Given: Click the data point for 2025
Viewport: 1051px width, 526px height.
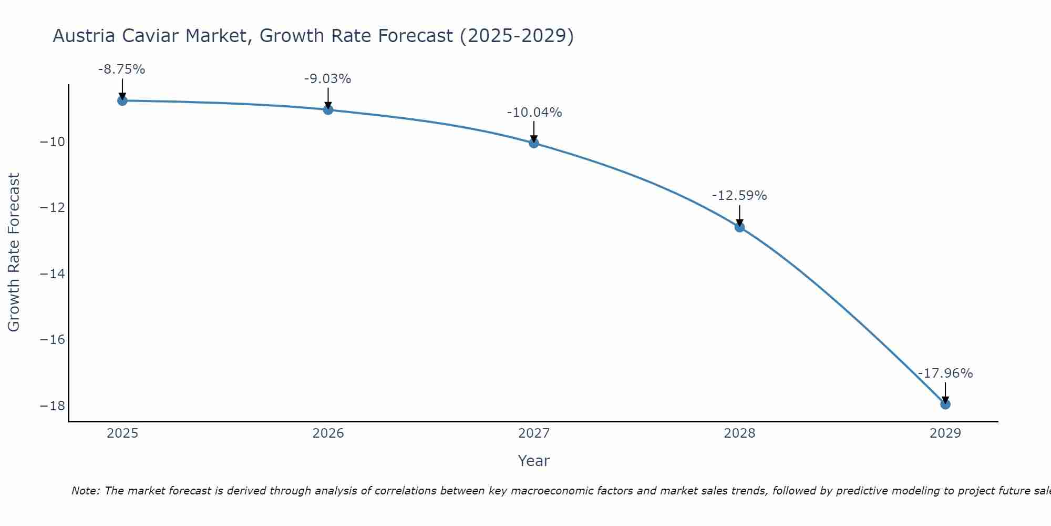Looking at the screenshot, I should (122, 100).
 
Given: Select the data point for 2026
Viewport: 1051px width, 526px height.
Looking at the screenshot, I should (328, 109).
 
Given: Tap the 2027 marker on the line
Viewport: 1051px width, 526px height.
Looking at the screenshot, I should (534, 143).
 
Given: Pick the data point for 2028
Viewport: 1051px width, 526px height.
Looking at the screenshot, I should (739, 227).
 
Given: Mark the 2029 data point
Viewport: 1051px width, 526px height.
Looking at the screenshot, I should (945, 404).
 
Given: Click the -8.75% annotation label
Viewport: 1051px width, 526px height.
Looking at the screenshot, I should (121, 69).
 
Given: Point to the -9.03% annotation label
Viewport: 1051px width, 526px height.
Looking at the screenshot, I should (327, 79).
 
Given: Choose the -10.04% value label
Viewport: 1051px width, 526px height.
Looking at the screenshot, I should (534, 113).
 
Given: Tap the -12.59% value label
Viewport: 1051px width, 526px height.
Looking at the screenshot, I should (739, 196).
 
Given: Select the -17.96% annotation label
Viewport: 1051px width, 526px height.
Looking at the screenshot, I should (945, 373).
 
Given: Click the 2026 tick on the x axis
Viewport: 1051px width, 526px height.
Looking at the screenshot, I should (328, 433).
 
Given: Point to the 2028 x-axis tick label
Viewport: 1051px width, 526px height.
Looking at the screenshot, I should (739, 433).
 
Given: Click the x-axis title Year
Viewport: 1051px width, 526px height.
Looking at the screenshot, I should (534, 461).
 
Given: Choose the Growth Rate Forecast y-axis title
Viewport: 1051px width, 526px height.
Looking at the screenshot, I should (14, 252).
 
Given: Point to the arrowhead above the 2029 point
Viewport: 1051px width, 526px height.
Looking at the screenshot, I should (945, 399).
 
